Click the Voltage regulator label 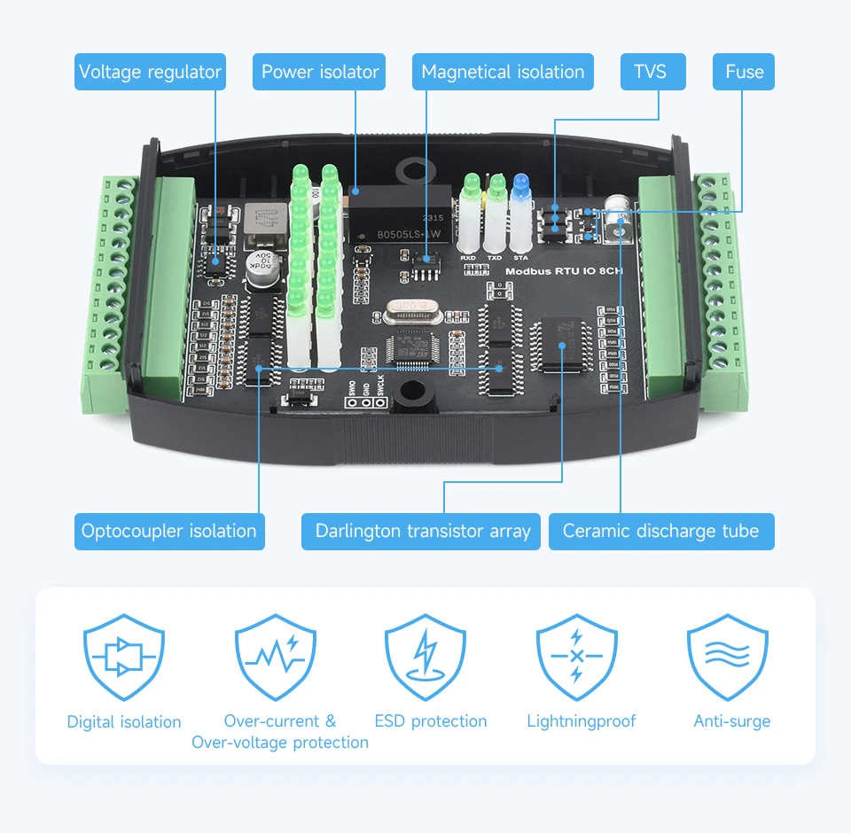pos(150,72)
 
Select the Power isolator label pos(320,72)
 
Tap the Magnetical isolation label pos(503,72)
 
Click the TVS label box pos(649,72)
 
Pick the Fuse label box pos(744,72)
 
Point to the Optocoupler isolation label pos(168,531)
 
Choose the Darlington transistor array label pos(422,531)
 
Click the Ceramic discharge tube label pos(660,531)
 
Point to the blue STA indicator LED pos(521,184)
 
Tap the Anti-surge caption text pos(732,721)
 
